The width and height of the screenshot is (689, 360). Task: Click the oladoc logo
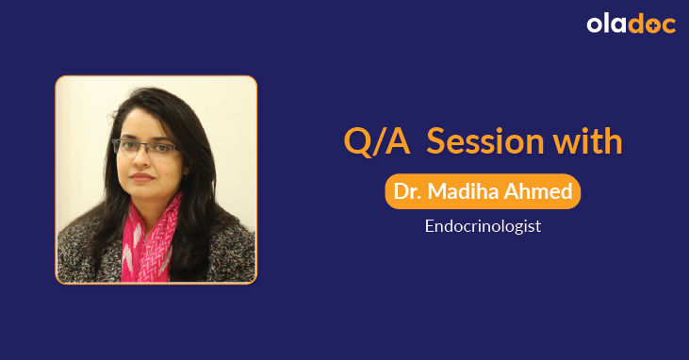point(631,25)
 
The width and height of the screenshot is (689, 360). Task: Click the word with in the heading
point(586,141)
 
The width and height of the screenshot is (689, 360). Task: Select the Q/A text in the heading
point(374,141)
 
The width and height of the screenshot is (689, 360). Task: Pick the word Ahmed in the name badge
point(544,191)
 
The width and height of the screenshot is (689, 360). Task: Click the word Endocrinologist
point(482,226)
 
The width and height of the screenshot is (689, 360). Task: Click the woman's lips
point(141,177)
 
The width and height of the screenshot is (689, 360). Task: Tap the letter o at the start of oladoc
point(595,25)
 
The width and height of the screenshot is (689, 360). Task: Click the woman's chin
point(141,191)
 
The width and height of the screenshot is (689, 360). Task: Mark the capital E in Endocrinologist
point(428,226)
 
